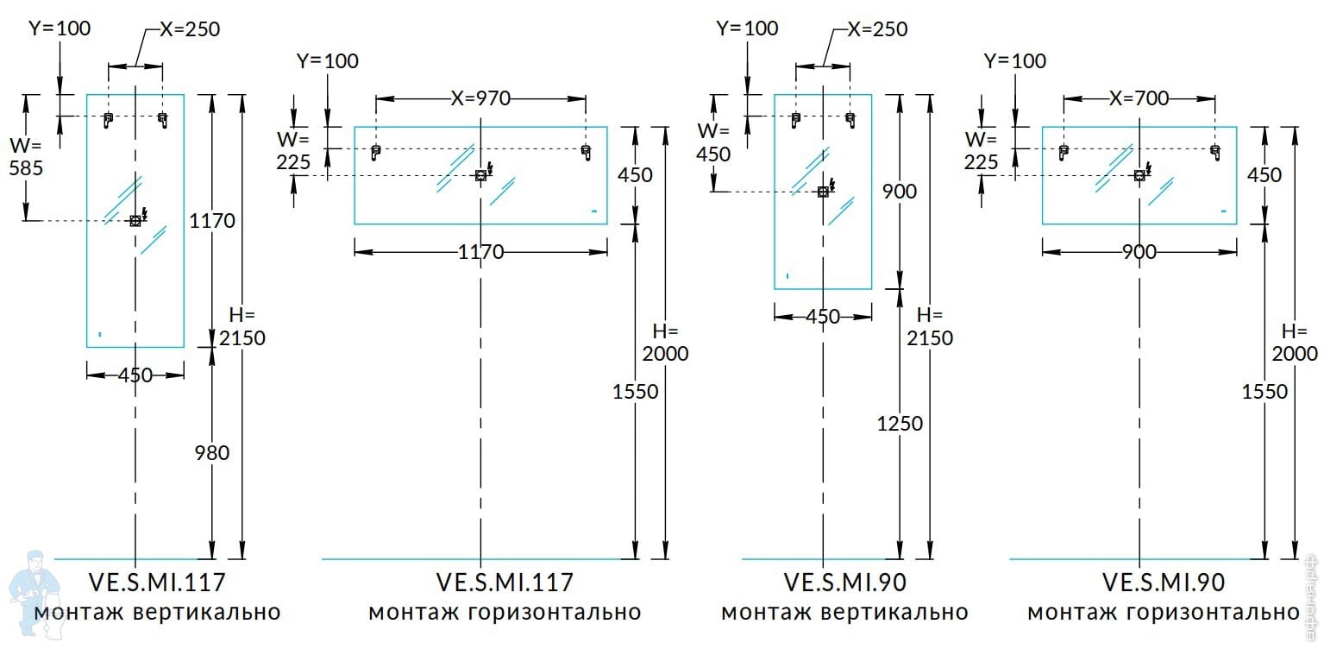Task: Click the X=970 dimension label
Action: pos(480,98)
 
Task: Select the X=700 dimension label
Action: pos(1139,98)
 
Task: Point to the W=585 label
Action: pos(25,155)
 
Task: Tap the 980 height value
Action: pos(212,452)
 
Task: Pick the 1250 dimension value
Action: pos(900,424)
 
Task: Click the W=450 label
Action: pos(713,142)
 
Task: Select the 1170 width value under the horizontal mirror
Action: pos(480,252)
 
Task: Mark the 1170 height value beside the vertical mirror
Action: pos(212,221)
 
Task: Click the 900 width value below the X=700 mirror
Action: pos(1139,252)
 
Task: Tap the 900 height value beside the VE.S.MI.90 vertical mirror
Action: pos(900,191)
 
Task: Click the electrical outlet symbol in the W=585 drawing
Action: pos(135,220)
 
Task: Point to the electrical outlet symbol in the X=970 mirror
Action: pos(481,175)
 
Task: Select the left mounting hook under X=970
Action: pos(375,153)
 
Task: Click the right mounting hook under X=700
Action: pos(1214,153)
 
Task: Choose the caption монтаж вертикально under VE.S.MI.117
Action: pos(157,613)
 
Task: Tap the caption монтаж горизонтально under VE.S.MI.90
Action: pos(1164,613)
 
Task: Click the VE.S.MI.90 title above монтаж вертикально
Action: pos(844,583)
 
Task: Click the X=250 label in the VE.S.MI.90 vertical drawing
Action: pos(877,29)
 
